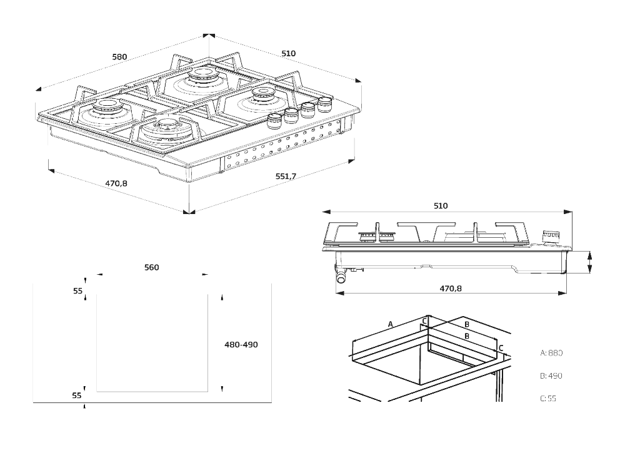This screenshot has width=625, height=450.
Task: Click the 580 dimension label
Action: [119, 57]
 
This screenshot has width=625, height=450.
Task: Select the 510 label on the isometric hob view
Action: [288, 54]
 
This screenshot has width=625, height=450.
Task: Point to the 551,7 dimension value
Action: [286, 177]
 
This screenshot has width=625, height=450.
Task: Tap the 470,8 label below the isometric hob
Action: [116, 183]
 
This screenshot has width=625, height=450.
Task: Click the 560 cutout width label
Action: [151, 268]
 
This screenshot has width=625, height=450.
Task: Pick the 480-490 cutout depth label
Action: [241, 345]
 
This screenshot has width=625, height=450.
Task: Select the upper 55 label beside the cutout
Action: [77, 291]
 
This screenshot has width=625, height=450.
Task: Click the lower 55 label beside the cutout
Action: [77, 396]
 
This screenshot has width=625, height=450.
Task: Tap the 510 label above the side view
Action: [441, 206]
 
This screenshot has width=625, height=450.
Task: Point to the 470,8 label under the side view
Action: [450, 289]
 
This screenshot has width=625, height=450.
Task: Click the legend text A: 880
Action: [551, 353]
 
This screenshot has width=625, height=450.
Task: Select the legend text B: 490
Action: [551, 376]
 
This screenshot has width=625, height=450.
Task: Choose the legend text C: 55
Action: [547, 398]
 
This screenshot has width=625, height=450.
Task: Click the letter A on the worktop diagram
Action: [390, 324]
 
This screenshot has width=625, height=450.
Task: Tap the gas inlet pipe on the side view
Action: [342, 276]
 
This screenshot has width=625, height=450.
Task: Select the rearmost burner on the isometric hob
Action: [202, 76]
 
